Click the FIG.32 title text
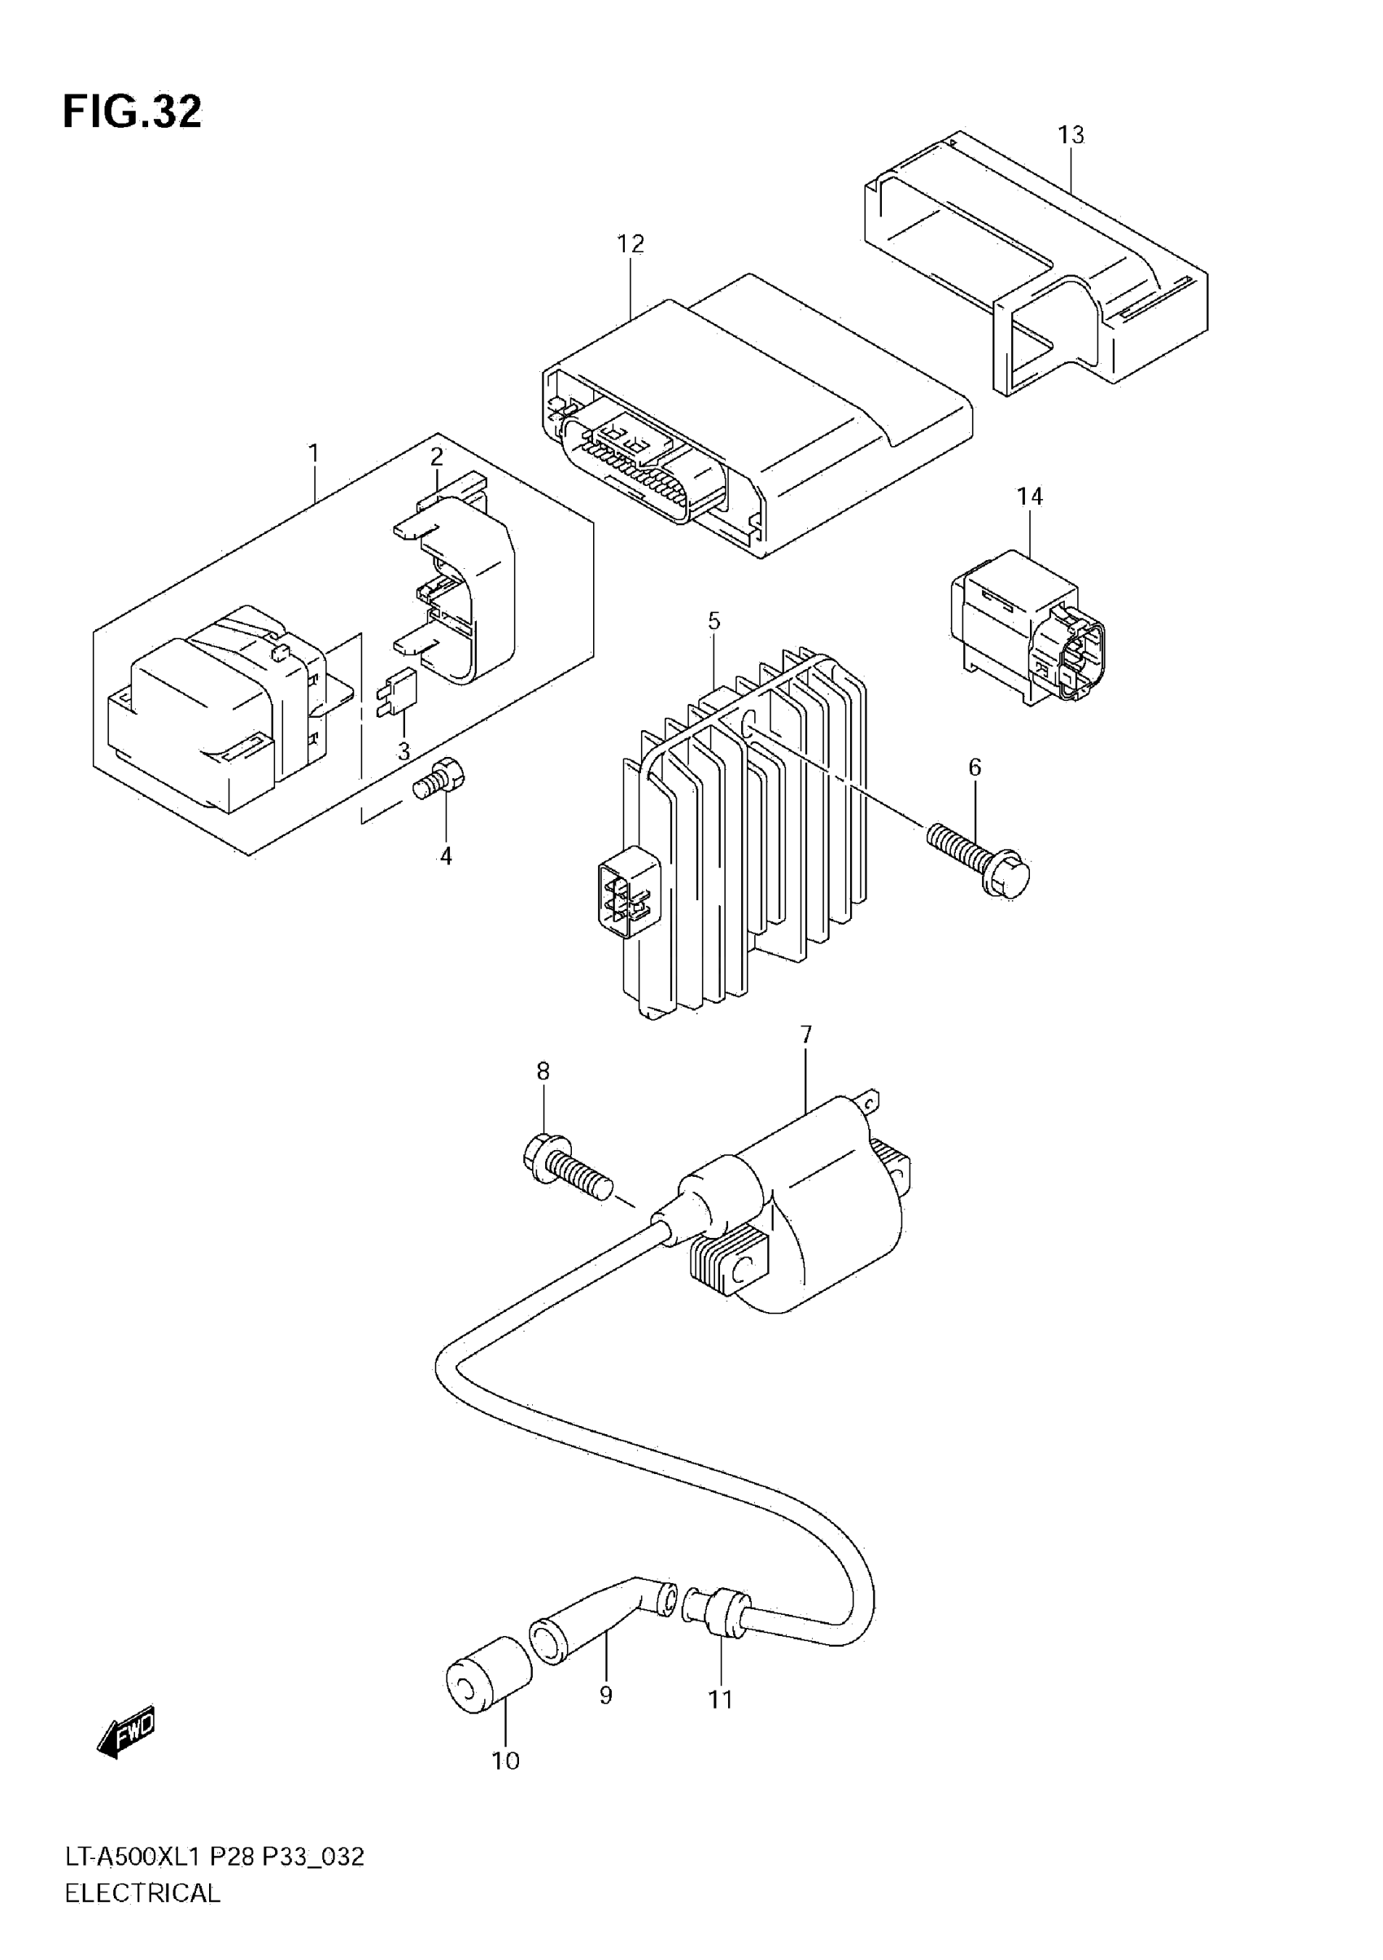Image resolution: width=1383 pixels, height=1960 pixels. pyautogui.click(x=133, y=112)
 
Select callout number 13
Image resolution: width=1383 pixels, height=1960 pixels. pyautogui.click(x=1071, y=135)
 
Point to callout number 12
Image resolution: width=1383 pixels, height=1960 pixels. pyautogui.click(x=630, y=244)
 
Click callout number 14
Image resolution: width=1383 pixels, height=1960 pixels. pyautogui.click(x=1030, y=496)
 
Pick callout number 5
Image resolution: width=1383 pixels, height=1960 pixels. pyautogui.click(x=714, y=620)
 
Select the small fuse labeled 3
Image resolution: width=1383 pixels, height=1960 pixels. pyautogui.click(x=395, y=697)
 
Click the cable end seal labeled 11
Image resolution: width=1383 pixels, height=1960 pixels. pyautogui.click(x=722, y=1610)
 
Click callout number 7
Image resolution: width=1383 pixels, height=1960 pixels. pyautogui.click(x=806, y=1035)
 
